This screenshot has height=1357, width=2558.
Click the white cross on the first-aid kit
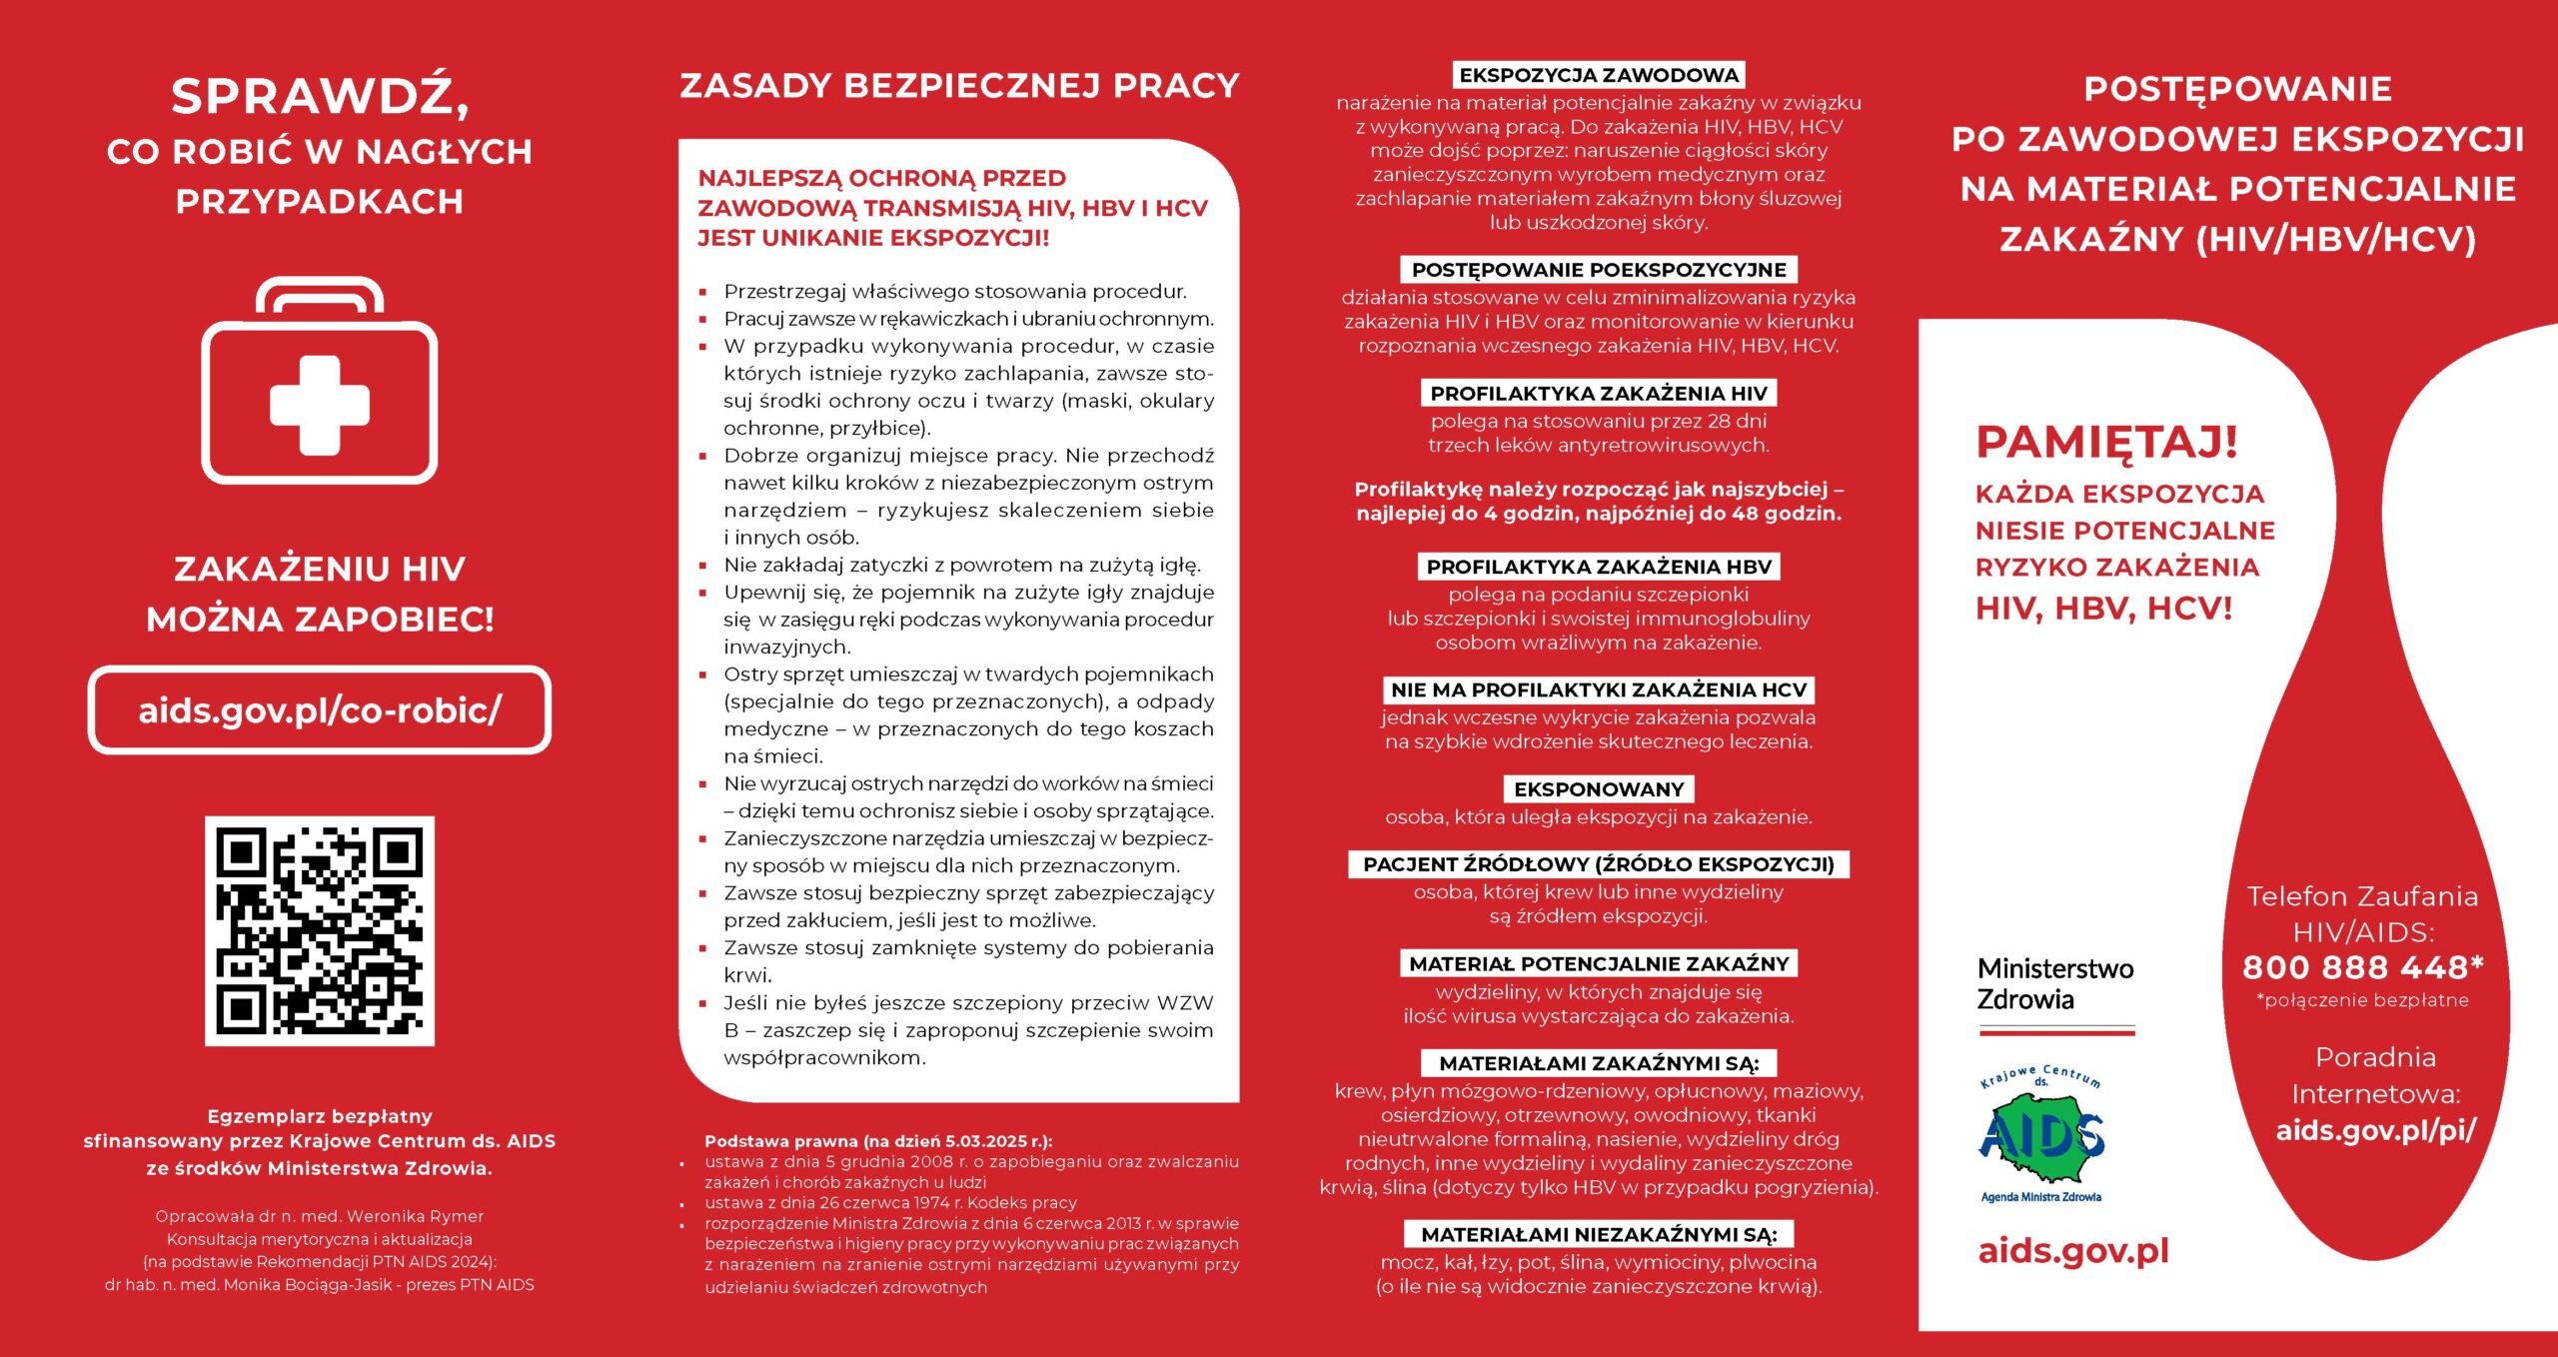320,405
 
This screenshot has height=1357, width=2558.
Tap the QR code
320,930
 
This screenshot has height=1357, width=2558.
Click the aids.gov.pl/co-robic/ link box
320,709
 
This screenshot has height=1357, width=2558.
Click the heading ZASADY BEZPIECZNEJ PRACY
959,86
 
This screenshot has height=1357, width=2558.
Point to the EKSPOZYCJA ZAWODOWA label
1599,75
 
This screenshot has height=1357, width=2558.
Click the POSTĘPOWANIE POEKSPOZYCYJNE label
1599,270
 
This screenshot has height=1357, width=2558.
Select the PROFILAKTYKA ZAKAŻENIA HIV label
1599,393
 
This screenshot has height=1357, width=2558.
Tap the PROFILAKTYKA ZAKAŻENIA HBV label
1599,567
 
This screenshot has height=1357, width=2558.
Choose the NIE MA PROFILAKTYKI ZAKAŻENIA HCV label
1599,689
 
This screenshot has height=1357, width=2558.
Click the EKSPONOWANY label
1599,789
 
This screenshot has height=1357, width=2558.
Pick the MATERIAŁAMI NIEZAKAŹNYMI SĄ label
1599,1234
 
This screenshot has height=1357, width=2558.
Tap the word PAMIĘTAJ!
2106,442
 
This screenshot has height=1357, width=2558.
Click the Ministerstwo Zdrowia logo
2054,985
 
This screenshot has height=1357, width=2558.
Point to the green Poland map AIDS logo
2041,1137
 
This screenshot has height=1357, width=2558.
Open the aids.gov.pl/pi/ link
2376,1130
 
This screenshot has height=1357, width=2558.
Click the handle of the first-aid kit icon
320,293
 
